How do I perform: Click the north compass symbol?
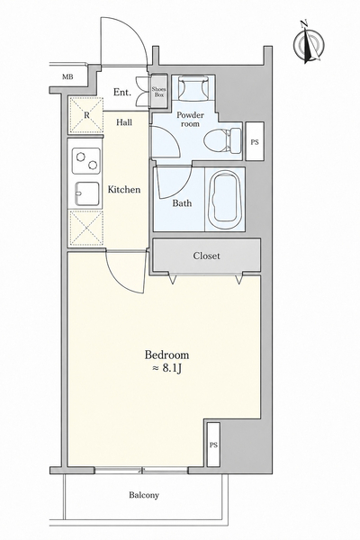(x=309, y=43)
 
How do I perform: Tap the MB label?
(x=67, y=77)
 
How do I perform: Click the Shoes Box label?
(x=158, y=92)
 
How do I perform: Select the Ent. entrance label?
(x=122, y=93)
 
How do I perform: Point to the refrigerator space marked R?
(x=86, y=115)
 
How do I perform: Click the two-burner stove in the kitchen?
(x=86, y=161)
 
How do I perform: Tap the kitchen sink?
(x=87, y=193)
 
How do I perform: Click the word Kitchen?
(x=124, y=189)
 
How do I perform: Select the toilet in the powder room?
(x=222, y=141)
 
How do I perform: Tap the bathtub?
(x=225, y=200)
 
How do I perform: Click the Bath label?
(x=182, y=203)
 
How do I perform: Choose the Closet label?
(x=206, y=256)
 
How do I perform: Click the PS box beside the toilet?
(x=255, y=141)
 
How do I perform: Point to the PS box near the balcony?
(x=213, y=445)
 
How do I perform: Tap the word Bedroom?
(x=166, y=355)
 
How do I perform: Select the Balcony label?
(x=144, y=495)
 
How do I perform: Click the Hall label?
(x=124, y=122)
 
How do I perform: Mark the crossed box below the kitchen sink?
(x=86, y=228)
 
